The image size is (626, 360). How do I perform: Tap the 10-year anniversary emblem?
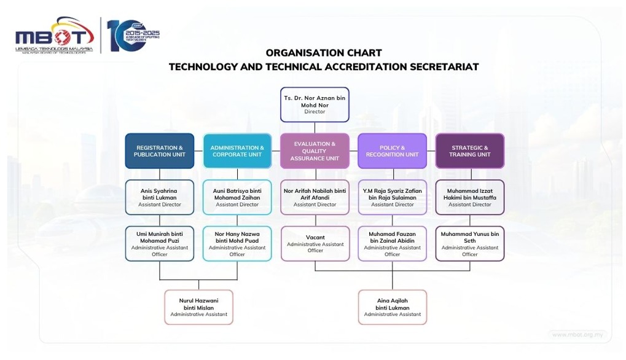pyautogui.click(x=127, y=36)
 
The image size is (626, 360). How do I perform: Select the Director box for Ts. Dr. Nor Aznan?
pyautogui.click(x=315, y=104)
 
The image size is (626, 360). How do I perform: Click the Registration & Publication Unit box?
pyautogui.click(x=160, y=151)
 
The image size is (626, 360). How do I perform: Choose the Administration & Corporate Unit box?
pyautogui.click(x=237, y=151)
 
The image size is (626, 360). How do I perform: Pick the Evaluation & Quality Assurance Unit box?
pyautogui.click(x=315, y=151)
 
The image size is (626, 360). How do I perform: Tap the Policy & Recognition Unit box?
pyautogui.click(x=392, y=151)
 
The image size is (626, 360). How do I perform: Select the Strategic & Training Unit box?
pyautogui.click(x=470, y=151)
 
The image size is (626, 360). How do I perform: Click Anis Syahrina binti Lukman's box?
pyautogui.click(x=160, y=197)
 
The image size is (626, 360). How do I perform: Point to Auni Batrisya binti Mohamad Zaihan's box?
pyautogui.click(x=237, y=197)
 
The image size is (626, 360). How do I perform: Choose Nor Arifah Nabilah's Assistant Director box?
pyautogui.click(x=315, y=197)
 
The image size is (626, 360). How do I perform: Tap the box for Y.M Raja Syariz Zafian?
pyautogui.click(x=392, y=197)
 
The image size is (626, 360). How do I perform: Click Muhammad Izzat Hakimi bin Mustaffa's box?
pyautogui.click(x=470, y=197)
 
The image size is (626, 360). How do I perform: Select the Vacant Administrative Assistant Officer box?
pyautogui.click(x=315, y=243)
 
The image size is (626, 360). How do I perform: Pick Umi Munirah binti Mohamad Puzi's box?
pyautogui.click(x=160, y=244)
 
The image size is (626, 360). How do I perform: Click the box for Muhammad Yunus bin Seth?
pyautogui.click(x=470, y=244)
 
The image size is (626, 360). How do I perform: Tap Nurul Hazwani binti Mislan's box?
pyautogui.click(x=198, y=307)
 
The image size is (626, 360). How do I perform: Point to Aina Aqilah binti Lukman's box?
pyautogui.click(x=392, y=307)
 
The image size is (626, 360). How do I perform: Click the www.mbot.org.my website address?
pyautogui.click(x=577, y=335)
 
